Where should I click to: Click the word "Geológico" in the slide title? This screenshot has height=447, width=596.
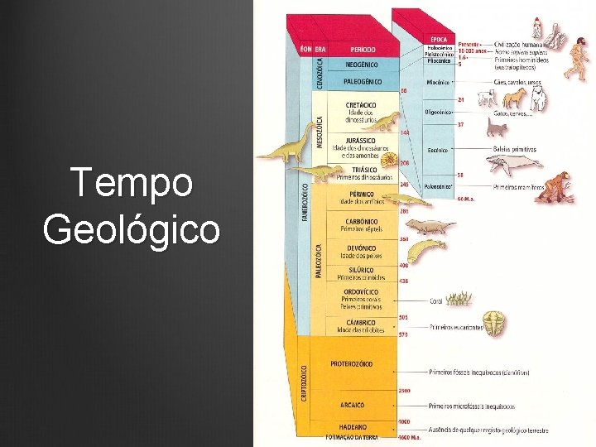coord(132,228)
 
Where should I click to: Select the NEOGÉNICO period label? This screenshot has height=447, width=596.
coord(361,64)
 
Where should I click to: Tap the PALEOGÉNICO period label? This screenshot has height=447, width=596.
coord(361,81)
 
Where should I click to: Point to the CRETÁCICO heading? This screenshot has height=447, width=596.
coord(361,105)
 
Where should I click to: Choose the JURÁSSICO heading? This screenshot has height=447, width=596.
coord(361,142)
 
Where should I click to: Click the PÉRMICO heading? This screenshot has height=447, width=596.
coord(361,194)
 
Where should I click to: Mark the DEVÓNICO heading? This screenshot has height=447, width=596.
coord(361,248)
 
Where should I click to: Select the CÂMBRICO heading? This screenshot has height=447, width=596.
coord(361,322)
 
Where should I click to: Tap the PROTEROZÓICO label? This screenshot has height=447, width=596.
coord(351,363)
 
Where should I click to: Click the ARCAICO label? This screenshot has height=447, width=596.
coord(352,405)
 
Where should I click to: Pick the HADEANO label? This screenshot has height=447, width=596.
coord(352,426)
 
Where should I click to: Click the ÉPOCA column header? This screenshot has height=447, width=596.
coord(440,39)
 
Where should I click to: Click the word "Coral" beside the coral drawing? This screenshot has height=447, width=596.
coord(437,301)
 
